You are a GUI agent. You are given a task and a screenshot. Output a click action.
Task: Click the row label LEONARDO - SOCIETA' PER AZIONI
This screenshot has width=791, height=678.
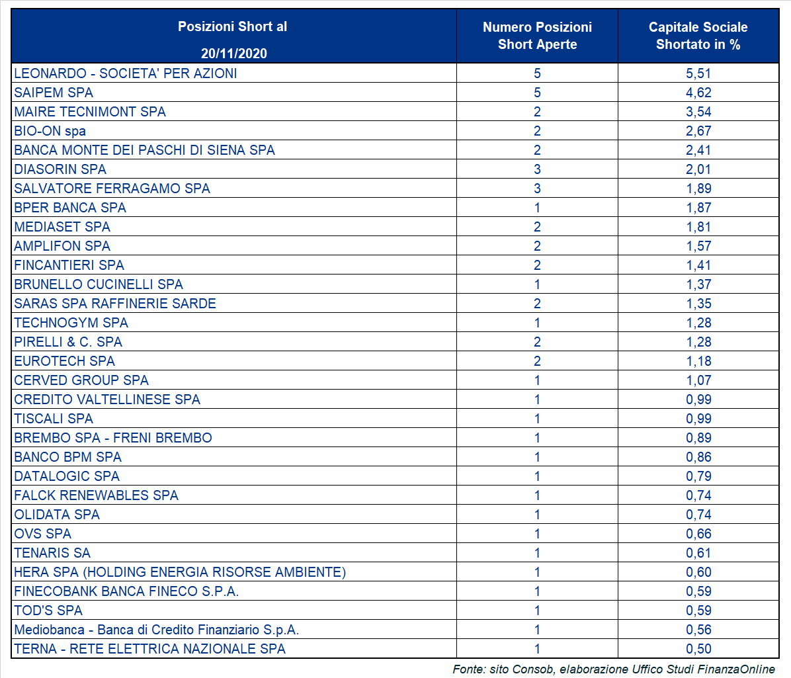click(126, 73)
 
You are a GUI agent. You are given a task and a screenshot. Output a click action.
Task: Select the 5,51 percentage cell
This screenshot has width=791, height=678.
click(698, 73)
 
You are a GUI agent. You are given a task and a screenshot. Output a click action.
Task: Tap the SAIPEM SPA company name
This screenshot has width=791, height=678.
click(54, 93)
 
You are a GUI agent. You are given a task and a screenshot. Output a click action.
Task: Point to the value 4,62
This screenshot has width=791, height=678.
click(698, 93)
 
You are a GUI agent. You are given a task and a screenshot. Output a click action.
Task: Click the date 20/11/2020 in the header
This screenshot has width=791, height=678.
click(234, 54)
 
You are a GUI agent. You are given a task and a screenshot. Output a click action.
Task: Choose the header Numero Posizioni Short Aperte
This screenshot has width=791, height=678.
click(537, 36)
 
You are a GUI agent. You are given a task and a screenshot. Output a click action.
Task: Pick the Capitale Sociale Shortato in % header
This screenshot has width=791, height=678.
click(698, 36)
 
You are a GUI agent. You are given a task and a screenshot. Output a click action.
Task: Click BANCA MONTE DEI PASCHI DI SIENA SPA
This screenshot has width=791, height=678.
click(144, 150)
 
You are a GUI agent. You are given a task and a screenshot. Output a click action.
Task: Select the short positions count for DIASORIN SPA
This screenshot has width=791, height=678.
click(537, 169)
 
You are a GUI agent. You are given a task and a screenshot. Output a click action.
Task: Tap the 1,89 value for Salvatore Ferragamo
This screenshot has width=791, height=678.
click(698, 189)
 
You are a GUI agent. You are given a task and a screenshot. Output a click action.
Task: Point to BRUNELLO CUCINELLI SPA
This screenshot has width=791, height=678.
click(99, 284)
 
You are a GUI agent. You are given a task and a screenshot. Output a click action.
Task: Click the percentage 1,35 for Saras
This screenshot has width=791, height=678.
click(698, 304)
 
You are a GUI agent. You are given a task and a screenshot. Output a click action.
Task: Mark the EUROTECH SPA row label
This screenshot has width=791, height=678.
click(65, 361)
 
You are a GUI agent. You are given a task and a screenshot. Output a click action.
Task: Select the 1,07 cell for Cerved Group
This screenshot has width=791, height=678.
click(698, 380)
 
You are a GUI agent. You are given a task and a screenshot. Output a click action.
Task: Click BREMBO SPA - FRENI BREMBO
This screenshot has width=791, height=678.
click(113, 438)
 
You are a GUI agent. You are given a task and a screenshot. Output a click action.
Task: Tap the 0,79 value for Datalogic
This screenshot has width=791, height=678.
click(698, 476)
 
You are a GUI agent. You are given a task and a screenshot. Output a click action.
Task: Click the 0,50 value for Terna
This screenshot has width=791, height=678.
click(698, 649)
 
